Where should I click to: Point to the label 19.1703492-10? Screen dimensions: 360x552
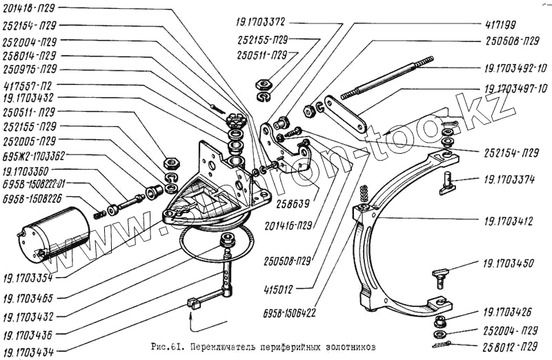[512, 68]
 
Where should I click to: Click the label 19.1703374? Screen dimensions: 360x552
[509, 178]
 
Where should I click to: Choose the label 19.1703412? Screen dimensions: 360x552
[509, 222]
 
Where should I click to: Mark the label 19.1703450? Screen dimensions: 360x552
[509, 263]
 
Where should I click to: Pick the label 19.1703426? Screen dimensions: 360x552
[509, 311]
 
